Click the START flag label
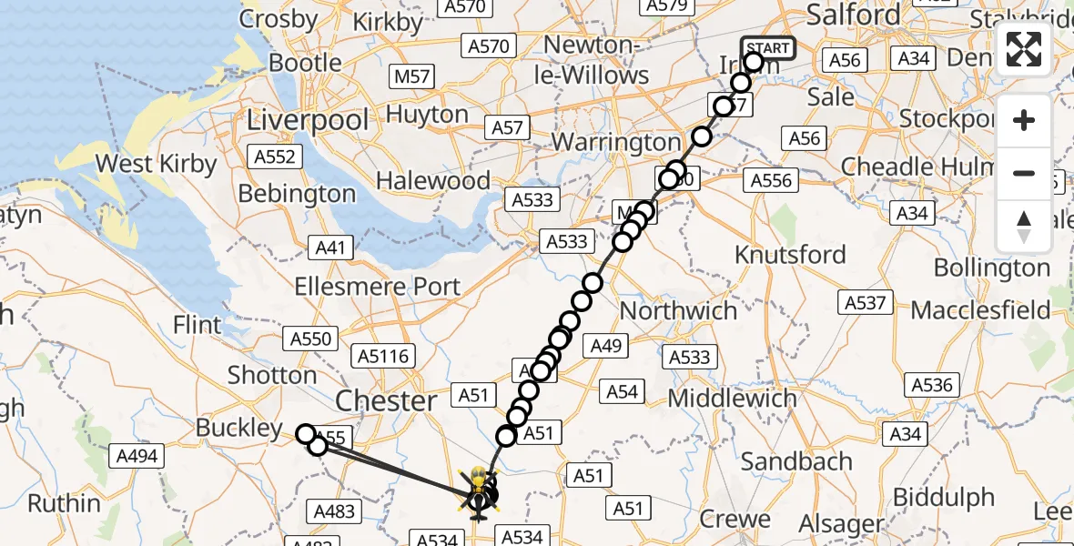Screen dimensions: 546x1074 pos(767,48)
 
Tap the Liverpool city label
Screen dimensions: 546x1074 pos(309,120)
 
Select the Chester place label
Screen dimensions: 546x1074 pos(386,400)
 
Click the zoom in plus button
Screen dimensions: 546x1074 pos(1024,121)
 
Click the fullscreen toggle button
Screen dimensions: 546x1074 pos(1024,49)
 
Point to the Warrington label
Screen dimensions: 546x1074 pos(616,143)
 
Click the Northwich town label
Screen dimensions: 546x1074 pos(678,310)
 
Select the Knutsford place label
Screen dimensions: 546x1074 pos(790,255)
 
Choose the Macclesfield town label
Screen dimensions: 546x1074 pos(979,310)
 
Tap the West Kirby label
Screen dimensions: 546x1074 pos(156,165)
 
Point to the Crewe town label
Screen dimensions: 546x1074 pos(735,520)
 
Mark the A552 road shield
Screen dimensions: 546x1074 pos(275,157)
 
